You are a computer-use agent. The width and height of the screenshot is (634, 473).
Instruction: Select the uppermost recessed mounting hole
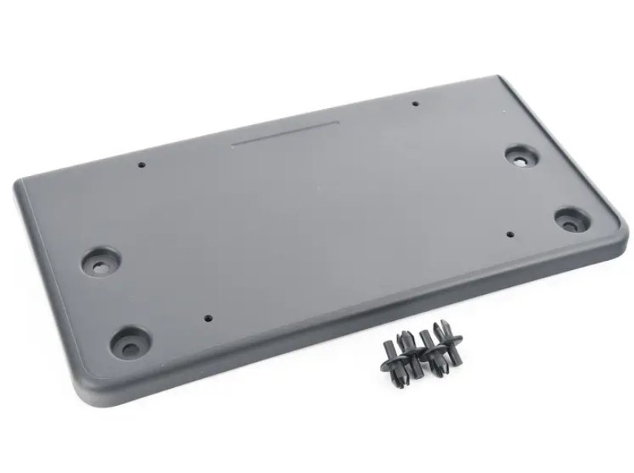point(521,156)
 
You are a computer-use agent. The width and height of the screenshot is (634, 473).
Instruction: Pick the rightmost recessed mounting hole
point(570,220)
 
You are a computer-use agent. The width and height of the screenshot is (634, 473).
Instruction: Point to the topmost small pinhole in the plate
point(415,104)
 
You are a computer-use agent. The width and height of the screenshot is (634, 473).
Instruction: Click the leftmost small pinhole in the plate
point(141,164)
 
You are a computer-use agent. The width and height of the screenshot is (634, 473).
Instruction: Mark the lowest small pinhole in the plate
point(207,316)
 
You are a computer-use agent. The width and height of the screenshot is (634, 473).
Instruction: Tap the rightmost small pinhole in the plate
point(511,234)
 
